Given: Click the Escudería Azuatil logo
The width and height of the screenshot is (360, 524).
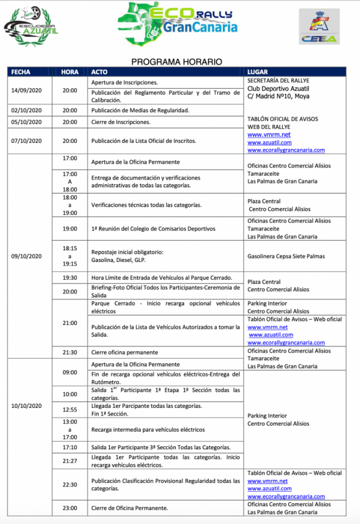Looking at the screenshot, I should (x=31, y=24).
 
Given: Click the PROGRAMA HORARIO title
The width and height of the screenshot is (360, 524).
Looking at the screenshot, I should (x=177, y=61).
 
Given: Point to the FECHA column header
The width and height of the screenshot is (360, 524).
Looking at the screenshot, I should (x=21, y=72).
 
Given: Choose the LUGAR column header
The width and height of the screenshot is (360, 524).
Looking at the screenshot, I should (x=257, y=72).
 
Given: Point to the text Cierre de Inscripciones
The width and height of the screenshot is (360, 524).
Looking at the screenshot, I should (x=121, y=122).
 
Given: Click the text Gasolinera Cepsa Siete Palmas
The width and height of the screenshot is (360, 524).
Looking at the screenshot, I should (x=286, y=256).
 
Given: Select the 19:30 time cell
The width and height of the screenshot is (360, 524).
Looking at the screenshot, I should (x=70, y=277).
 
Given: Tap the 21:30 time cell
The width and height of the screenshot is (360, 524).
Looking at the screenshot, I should (x=70, y=353).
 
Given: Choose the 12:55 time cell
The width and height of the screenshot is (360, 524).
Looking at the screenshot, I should (x=70, y=410).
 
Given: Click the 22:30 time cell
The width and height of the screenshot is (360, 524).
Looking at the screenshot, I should (x=70, y=485).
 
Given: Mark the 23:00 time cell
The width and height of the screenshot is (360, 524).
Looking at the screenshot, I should (x=70, y=508).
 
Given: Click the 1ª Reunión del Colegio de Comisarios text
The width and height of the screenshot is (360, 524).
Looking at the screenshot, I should (x=153, y=229).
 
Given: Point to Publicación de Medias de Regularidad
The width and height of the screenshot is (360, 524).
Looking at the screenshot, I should (x=140, y=110).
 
